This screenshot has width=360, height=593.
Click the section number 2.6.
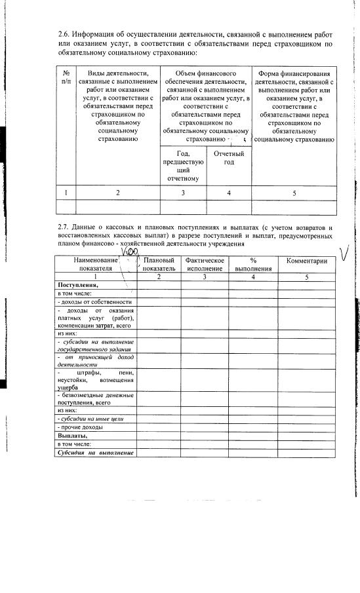coord(64,33)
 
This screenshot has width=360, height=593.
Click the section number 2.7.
coord(64,227)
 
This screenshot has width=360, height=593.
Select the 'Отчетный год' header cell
coord(229,158)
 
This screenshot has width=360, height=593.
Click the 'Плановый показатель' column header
coord(159,264)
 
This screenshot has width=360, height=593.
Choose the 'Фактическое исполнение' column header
coord(205,264)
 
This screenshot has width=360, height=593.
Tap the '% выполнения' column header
coord(252,264)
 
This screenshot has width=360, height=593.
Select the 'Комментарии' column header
coord(302,261)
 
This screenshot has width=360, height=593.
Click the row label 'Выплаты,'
coord(72,436)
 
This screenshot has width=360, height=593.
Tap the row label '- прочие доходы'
coord(81,427)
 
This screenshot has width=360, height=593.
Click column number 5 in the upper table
coord(294,193)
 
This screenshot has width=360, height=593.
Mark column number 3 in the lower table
coord(205,277)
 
